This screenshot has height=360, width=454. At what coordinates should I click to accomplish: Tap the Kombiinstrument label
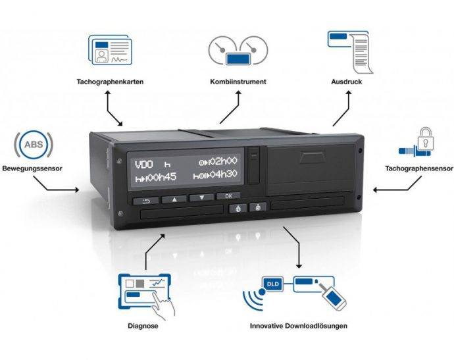239,82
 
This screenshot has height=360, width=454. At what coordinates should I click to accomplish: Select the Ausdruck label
345,82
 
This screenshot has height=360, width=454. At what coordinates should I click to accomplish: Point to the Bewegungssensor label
32,168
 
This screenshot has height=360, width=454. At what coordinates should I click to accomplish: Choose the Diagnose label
143,325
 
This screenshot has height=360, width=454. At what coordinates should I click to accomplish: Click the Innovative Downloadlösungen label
299,325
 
